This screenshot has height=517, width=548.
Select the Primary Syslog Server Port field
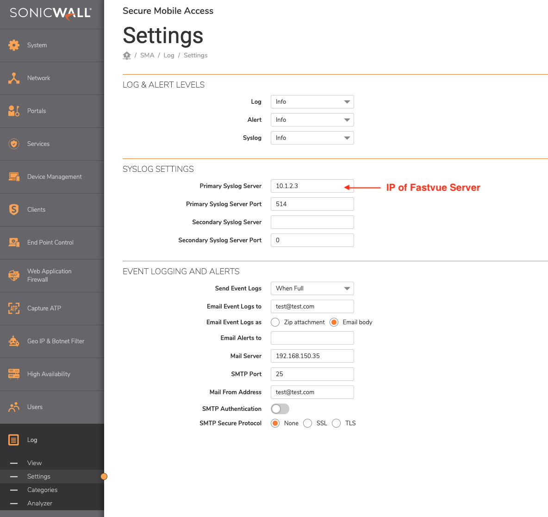pyautogui.click(x=312, y=204)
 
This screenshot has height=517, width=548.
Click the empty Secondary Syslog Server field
pyautogui.click(x=312, y=222)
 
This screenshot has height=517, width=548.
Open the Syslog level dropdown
pyautogui.click(x=312, y=138)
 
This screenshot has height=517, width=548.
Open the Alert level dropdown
pyautogui.click(x=312, y=120)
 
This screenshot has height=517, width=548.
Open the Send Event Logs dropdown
pyautogui.click(x=312, y=289)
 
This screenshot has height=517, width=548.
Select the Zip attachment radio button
pyautogui.click(x=275, y=322)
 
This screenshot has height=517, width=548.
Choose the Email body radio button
pyautogui.click(x=334, y=322)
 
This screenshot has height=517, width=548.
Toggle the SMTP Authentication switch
pyautogui.click(x=280, y=409)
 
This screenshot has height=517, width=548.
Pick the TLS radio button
pyautogui.click(x=336, y=423)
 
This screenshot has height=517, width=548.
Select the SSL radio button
pyautogui.click(x=308, y=423)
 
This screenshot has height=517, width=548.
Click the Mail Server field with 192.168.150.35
pyautogui.click(x=312, y=356)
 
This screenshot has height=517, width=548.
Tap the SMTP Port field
pyautogui.click(x=312, y=374)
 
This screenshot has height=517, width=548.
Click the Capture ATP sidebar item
pyautogui.click(x=44, y=309)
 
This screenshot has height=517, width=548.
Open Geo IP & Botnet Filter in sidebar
pyautogui.click(x=56, y=341)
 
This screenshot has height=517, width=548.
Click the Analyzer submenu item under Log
pyautogui.click(x=40, y=504)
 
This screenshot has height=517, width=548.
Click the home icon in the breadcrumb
pyautogui.click(x=127, y=56)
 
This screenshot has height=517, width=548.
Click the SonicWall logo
pyautogui.click(x=50, y=13)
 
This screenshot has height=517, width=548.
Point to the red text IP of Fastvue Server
pyautogui.click(x=433, y=188)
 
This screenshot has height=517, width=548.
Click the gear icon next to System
pyautogui.click(x=14, y=45)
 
